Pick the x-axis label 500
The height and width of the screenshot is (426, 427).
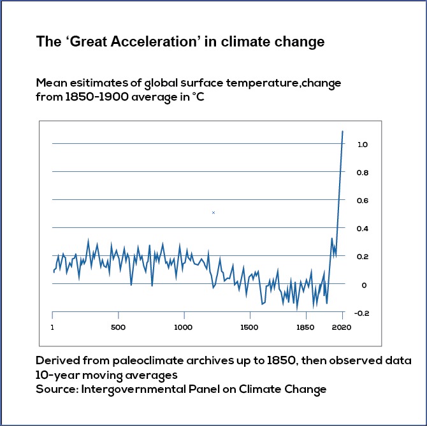pos(118,328)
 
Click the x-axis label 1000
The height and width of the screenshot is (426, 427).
pos(184,328)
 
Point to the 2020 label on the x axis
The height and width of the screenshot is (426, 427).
pos(342,328)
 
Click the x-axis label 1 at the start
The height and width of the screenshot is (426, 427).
pos(52,328)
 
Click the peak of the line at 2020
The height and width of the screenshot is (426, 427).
pos(343,131)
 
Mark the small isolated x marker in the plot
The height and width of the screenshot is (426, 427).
pos(213,213)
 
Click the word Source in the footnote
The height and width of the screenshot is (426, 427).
pos(56,388)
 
